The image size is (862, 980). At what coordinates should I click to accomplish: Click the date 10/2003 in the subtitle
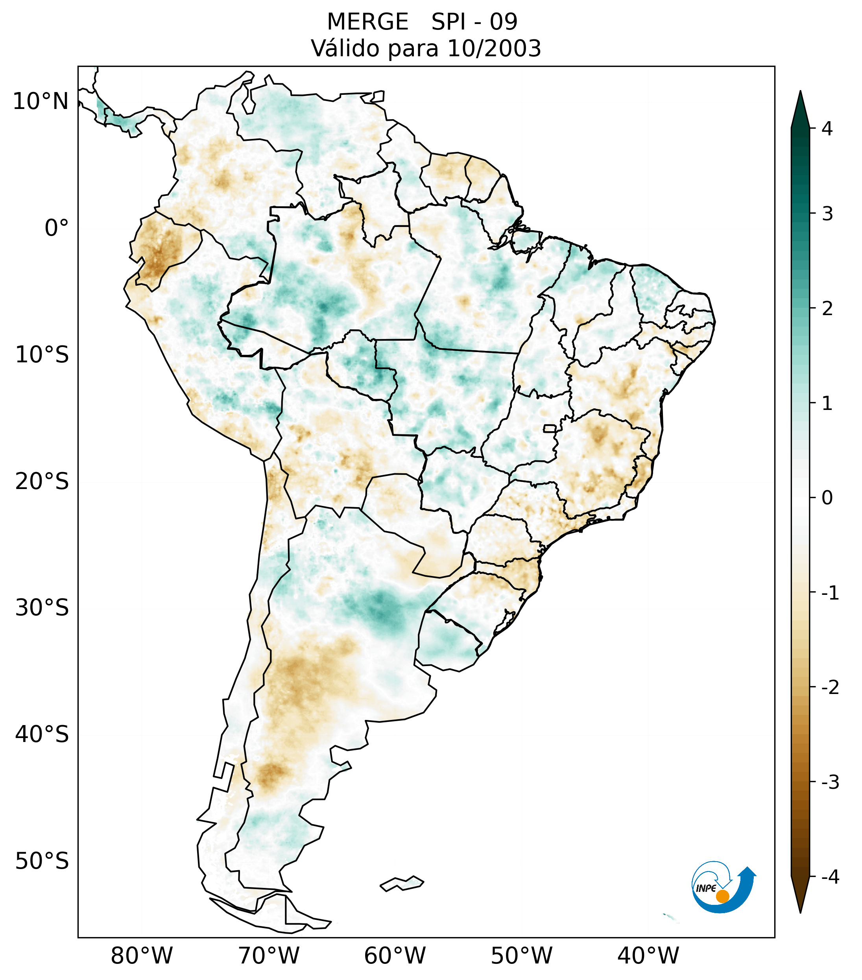494,48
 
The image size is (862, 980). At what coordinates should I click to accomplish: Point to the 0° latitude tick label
56,228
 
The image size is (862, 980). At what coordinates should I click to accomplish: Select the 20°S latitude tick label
42,482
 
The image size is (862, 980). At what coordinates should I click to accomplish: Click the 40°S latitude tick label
42,735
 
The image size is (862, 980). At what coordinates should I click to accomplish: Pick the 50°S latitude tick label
42,862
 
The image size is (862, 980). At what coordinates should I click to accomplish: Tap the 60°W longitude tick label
395,956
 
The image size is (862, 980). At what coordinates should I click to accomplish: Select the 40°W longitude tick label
648,956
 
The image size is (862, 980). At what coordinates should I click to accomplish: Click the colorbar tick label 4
827,129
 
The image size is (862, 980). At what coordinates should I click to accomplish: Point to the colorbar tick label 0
827,498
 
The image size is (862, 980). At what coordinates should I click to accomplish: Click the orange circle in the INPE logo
722,896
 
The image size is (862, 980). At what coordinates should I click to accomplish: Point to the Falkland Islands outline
402,883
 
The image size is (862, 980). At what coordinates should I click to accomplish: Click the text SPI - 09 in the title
474,22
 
